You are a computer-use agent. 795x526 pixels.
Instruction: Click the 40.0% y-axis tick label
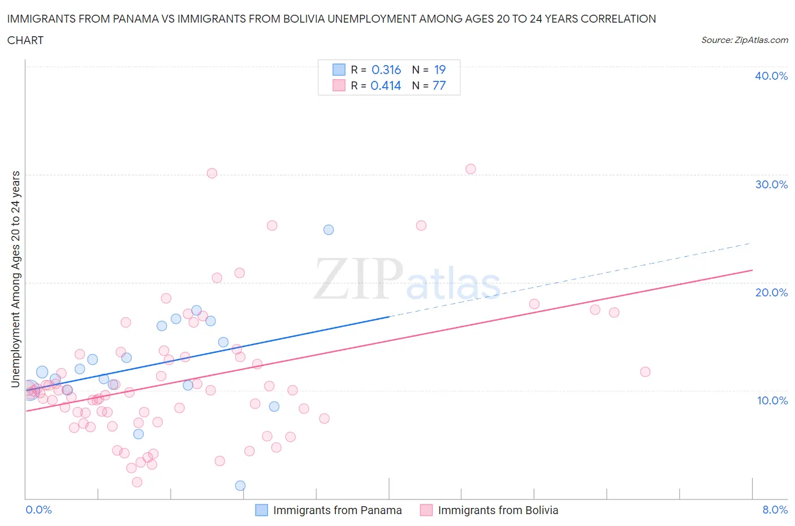click(x=771, y=76)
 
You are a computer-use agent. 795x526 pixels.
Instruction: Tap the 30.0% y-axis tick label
click(x=771, y=184)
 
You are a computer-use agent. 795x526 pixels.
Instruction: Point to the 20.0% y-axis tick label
click(x=771, y=292)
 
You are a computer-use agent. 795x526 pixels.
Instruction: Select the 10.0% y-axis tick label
click(x=772, y=400)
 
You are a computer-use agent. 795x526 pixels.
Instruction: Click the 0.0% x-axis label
click(x=38, y=510)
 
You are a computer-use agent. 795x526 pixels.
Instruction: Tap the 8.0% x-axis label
click(x=775, y=510)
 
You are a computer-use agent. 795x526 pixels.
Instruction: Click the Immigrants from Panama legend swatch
click(x=261, y=510)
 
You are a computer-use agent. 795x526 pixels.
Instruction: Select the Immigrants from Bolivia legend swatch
click(x=426, y=510)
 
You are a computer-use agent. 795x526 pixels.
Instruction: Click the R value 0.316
click(x=386, y=70)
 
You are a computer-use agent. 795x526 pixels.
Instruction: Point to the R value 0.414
click(x=386, y=85)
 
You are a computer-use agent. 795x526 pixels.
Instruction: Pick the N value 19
click(x=440, y=70)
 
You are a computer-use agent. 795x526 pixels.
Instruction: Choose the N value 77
click(x=439, y=85)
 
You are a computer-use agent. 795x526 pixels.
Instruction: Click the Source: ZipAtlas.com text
click(x=744, y=40)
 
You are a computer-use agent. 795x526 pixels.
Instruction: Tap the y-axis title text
click(x=15, y=279)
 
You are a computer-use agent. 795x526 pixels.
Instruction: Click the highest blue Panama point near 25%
click(x=329, y=230)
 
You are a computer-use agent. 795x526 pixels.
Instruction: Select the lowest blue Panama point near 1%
click(x=240, y=485)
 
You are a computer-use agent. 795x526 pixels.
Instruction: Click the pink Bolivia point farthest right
click(x=645, y=372)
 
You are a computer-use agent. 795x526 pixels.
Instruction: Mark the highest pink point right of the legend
click(x=470, y=169)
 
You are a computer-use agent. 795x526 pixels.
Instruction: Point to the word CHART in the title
click(x=25, y=40)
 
